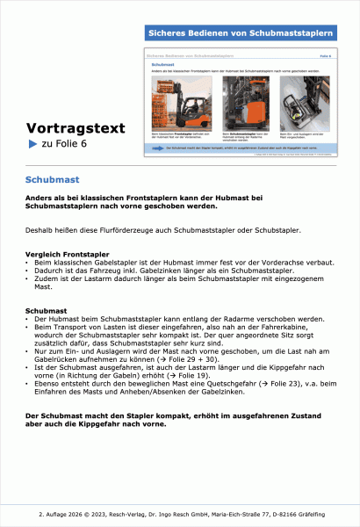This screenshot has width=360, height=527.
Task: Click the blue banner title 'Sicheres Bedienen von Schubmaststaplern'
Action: tap(241, 33)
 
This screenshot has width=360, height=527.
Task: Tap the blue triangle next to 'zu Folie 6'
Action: tap(32, 144)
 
